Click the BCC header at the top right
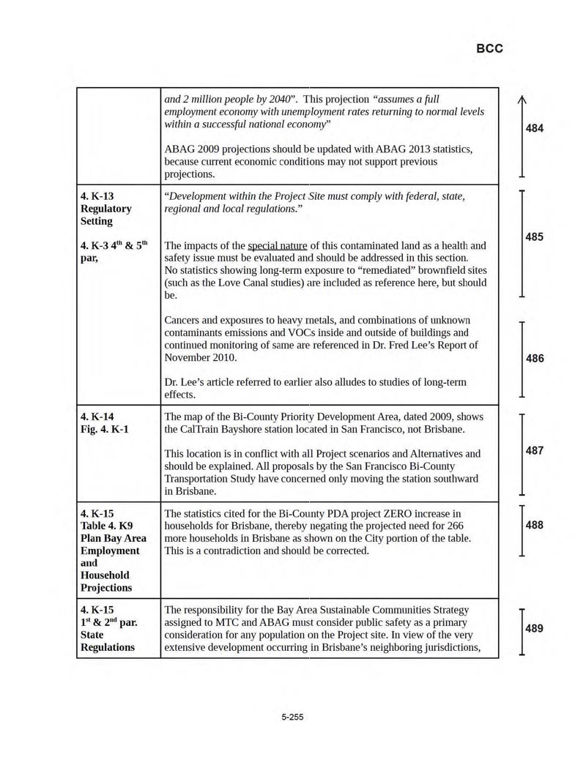489,49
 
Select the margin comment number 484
535,129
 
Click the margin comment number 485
535,237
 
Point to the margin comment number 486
535,359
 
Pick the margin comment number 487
535,451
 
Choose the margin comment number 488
535,525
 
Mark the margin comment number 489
535,628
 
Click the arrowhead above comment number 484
522,102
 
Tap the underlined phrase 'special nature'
277,245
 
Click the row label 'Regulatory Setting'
106,215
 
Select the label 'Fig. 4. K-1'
105,429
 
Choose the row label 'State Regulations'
108,641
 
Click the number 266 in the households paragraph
454,526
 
